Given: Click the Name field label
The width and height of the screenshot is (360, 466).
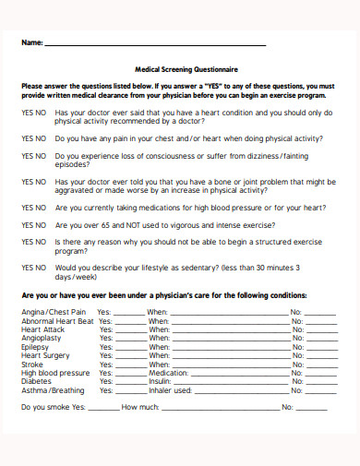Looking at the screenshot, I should pos(31,43).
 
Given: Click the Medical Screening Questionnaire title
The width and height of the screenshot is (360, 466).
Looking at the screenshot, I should pos(180,68).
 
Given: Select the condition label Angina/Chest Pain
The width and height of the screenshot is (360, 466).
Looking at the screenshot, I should pos(52,312).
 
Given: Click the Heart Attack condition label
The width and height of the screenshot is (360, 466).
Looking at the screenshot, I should pos(42,329).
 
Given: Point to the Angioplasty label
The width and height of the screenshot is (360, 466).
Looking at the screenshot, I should pos(42,338).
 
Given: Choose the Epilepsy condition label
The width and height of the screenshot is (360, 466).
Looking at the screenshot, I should pos(37,347).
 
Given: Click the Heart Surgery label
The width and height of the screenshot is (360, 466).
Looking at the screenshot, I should pos(45,355).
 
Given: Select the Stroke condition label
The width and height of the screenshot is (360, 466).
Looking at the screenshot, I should pos(34,364).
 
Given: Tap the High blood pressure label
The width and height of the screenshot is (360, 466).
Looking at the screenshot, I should pos(55,373).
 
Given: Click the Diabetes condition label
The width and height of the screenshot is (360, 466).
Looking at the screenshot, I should pos(38,381).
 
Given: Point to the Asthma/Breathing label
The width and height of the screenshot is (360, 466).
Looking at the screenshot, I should pos(53,390).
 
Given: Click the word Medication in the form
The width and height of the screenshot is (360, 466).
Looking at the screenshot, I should pos(167,373).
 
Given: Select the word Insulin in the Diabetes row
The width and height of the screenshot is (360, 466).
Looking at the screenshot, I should pos(160,381).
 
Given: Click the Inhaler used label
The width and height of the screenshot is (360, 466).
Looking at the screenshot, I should pos(170,390).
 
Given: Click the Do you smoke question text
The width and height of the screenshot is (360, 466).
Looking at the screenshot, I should pos(48,407).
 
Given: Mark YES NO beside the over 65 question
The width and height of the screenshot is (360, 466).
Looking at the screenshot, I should pos(33,224).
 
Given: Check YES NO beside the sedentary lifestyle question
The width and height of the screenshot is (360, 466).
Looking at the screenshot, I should pos(33,268).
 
